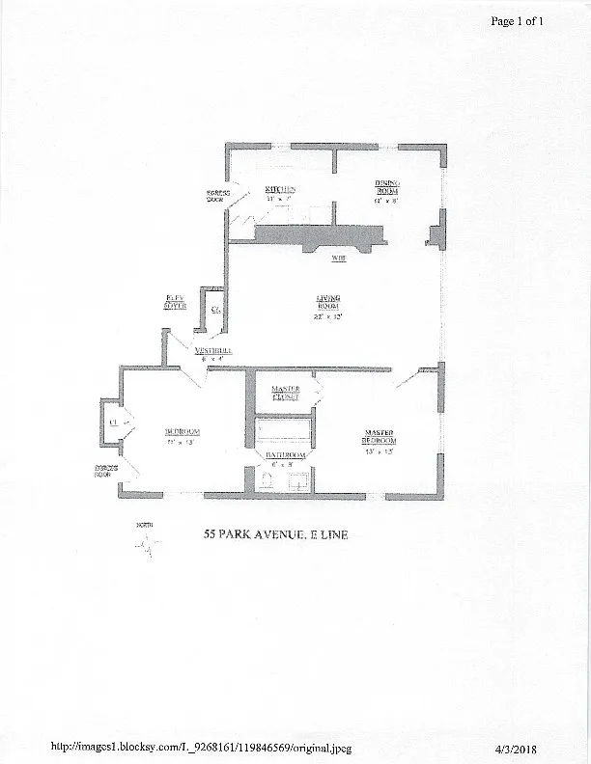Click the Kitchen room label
click(281, 189)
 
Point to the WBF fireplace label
click(339, 259)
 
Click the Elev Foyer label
click(176, 302)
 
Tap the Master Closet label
click(285, 392)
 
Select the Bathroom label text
click(286, 454)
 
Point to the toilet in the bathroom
click(267, 480)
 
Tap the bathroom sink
click(299, 478)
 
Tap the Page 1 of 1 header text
click(518, 21)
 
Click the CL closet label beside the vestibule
click(216, 311)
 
